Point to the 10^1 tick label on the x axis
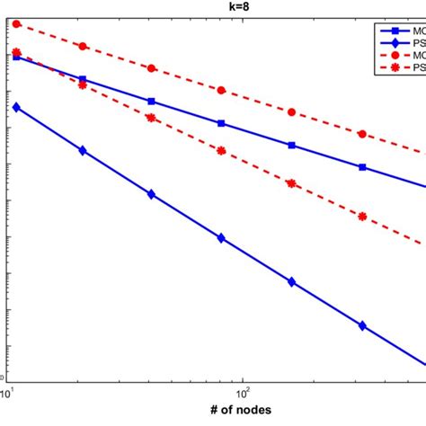coord(7,393)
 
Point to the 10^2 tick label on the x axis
coord(242,393)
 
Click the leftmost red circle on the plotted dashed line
coord(16,24)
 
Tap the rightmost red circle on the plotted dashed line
coord(362,134)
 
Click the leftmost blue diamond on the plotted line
coord(16,107)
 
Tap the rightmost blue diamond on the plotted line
coord(362,326)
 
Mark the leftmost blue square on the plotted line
coord(16,56)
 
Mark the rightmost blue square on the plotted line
coord(362,167)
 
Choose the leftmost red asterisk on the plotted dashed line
coord(16,52)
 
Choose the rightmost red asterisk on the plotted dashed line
coord(362,216)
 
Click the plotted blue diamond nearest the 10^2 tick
coord(222,238)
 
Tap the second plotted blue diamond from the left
coord(84,151)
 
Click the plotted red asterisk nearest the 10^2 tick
coord(222,150)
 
